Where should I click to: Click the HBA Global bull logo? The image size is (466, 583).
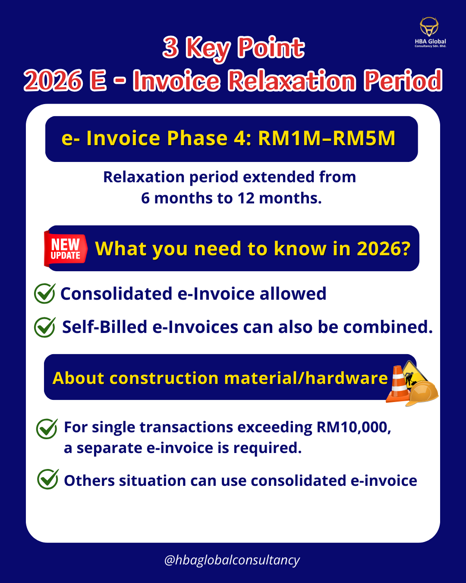[x=429, y=27]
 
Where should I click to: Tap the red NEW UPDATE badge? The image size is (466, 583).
[x=66, y=249]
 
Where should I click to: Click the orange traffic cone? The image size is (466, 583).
[x=398, y=384]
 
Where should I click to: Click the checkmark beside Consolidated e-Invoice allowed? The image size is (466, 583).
[x=45, y=293]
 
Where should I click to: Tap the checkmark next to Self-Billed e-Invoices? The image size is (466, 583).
[x=45, y=327]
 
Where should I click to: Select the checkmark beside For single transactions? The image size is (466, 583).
[x=47, y=428]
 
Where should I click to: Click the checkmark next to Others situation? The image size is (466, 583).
[x=47, y=479]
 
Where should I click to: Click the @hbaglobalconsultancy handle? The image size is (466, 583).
[x=232, y=560]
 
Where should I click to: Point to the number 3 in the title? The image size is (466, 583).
[x=170, y=48]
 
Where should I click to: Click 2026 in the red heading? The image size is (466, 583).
[x=53, y=80]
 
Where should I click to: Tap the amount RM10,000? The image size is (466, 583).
[x=354, y=428]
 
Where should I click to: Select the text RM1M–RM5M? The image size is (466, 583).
[x=327, y=139]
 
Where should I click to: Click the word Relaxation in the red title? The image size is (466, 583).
[x=292, y=80]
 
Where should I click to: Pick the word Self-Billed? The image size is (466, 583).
[x=104, y=327]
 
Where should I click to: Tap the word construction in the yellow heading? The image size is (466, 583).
[x=164, y=378]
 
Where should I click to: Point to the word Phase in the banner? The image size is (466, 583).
[x=197, y=139]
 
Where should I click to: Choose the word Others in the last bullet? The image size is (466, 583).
[x=89, y=481]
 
